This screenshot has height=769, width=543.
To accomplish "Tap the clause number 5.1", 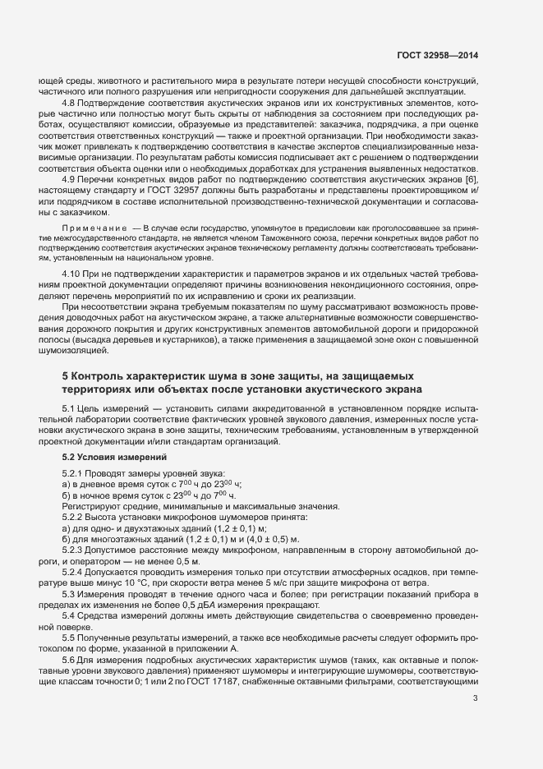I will click(69, 408).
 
